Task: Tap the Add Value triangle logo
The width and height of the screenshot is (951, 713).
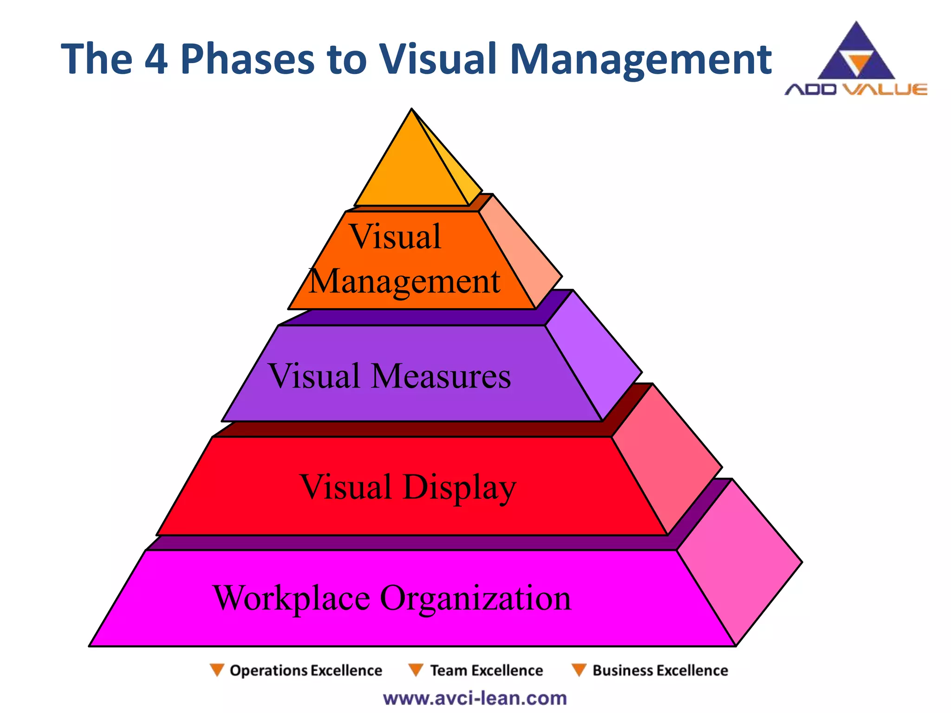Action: tap(856, 53)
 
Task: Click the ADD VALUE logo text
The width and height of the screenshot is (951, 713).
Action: tap(856, 89)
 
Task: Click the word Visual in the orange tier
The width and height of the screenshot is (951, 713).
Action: tap(395, 237)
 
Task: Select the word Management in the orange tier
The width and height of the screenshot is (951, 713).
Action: tap(404, 281)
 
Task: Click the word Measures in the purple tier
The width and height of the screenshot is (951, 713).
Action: tap(441, 376)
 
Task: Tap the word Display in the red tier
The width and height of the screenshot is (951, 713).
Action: tap(459, 487)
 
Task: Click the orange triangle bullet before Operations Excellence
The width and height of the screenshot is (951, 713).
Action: tap(216, 670)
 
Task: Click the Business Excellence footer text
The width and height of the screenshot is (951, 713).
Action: tap(660, 670)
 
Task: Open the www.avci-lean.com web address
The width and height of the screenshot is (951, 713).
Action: tap(475, 698)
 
